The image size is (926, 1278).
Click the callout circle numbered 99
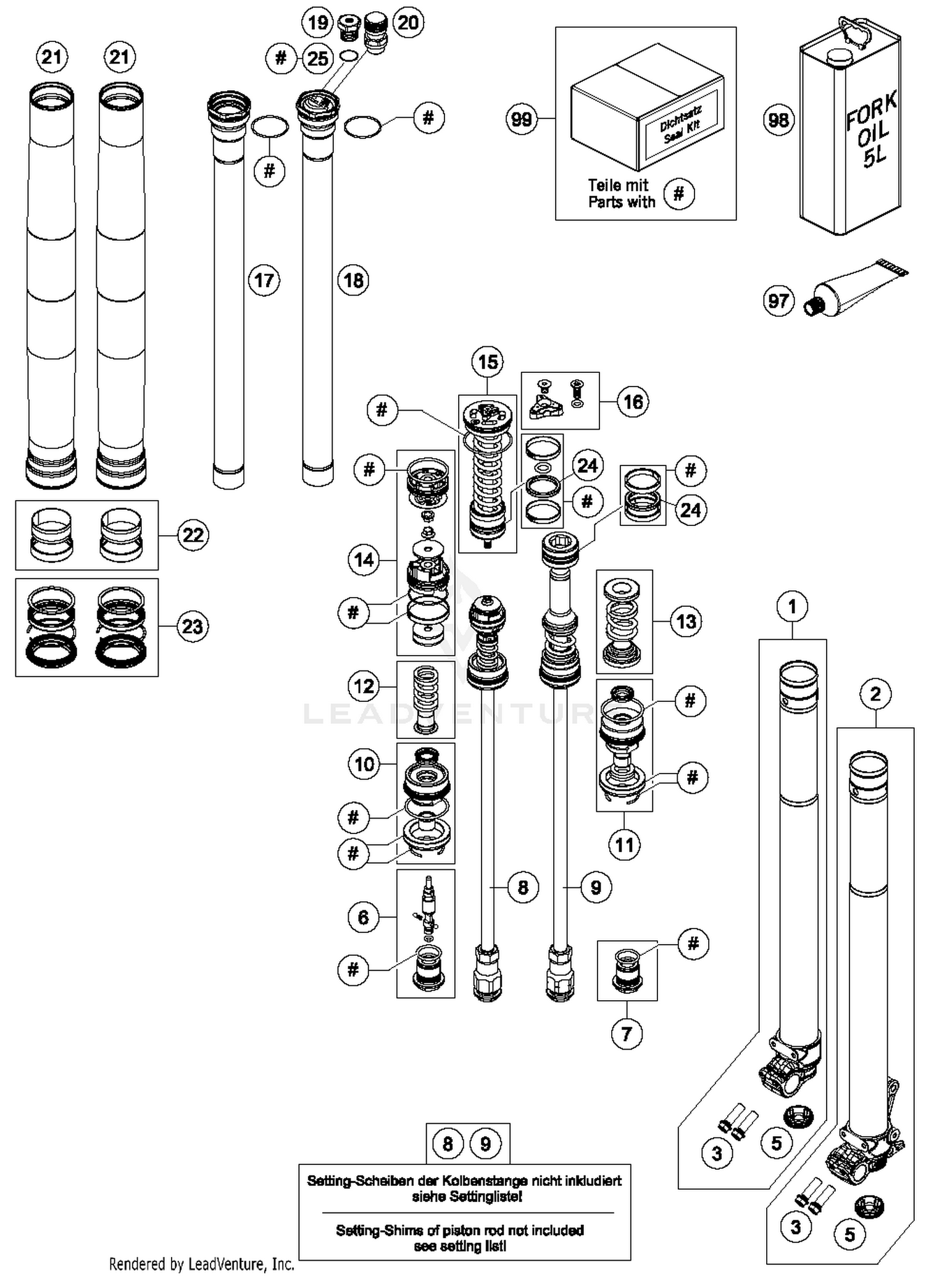(522, 119)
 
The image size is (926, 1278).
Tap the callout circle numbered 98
(778, 119)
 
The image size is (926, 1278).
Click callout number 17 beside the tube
(264, 280)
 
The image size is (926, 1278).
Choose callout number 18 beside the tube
(353, 280)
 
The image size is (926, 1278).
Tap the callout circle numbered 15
(488, 362)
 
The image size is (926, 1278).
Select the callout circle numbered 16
(633, 402)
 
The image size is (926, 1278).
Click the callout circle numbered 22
(193, 535)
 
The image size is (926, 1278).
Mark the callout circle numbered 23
(193, 627)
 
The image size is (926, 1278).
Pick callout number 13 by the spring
(686, 621)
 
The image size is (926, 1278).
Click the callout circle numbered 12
(364, 686)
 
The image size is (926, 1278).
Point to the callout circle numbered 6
(364, 917)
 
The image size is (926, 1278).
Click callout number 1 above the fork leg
(793, 606)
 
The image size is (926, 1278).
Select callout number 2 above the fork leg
(875, 694)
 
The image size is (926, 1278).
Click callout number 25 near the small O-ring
(318, 59)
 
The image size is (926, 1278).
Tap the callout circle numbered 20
(408, 23)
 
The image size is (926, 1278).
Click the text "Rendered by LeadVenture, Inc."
(201, 1264)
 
